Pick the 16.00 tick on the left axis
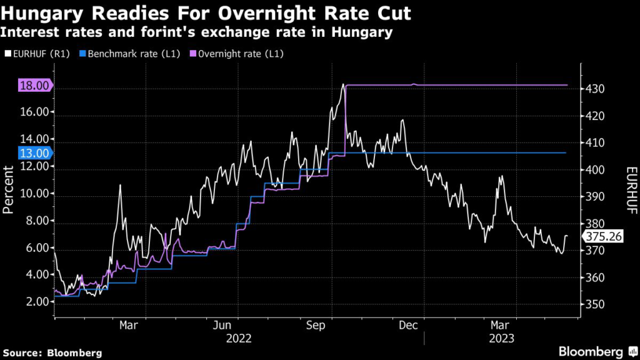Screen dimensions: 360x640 [35, 112]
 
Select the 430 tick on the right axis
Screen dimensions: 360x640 [594, 89]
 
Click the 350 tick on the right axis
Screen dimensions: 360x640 [594, 304]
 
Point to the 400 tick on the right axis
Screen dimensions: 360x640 [594, 170]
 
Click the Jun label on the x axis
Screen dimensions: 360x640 [223, 325]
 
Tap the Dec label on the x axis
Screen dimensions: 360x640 [408, 325]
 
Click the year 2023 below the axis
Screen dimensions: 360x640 [501, 338]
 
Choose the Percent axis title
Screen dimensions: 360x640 [9, 190]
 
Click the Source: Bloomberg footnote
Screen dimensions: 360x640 [51, 352]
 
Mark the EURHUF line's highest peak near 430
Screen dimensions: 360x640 [343, 84]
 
